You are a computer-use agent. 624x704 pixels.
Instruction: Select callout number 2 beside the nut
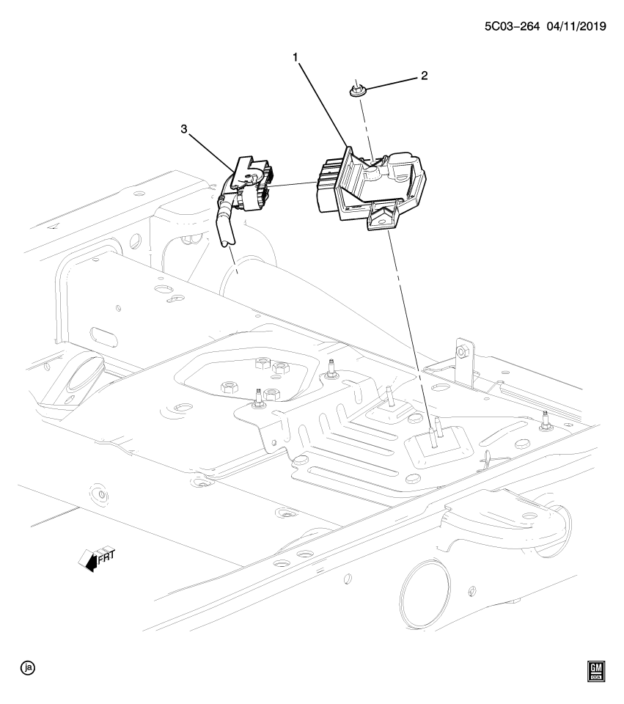(423, 76)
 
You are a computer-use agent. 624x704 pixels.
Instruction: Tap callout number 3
(185, 129)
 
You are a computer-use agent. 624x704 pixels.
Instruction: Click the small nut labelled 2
(356, 90)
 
